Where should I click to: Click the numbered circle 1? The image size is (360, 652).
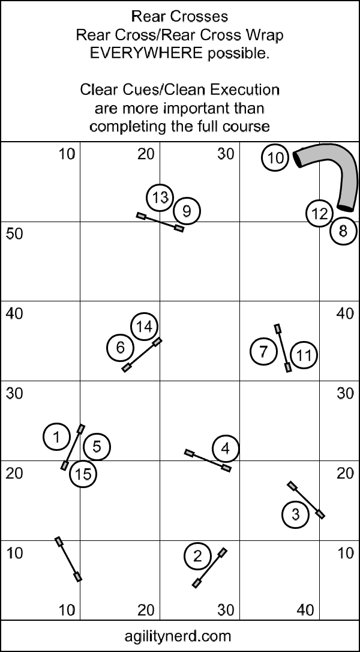(56, 436)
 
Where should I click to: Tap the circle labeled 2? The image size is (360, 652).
(197, 556)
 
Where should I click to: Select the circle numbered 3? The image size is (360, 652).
(296, 515)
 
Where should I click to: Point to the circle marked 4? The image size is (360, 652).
(226, 448)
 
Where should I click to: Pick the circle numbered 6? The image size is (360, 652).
(121, 347)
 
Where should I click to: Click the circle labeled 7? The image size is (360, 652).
(263, 351)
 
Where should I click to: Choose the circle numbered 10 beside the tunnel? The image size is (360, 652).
(275, 158)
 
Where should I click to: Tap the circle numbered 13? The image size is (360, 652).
(160, 198)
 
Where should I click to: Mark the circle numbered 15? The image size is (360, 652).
(83, 474)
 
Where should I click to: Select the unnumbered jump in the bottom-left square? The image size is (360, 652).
(68, 560)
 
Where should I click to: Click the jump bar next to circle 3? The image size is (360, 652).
(306, 500)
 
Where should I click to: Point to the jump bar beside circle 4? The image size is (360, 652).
(208, 460)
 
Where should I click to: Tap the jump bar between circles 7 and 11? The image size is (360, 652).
(283, 348)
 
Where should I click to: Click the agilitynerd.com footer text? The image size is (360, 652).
(178, 636)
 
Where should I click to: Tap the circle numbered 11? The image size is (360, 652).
(304, 355)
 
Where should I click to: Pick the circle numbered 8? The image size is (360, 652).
(344, 231)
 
